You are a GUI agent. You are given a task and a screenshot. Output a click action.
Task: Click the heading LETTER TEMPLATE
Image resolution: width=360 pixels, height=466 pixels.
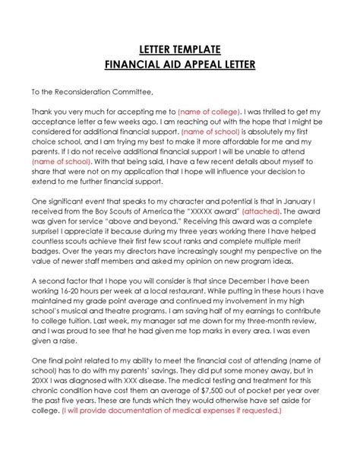pyautogui.click(x=180, y=49)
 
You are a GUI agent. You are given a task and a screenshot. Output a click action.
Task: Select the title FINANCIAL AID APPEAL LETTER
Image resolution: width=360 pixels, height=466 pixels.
pyautogui.click(x=180, y=65)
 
